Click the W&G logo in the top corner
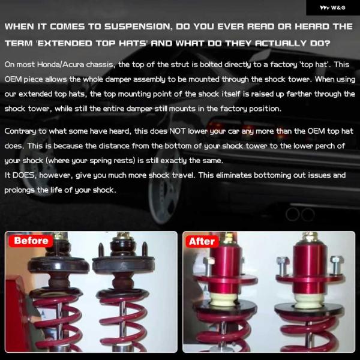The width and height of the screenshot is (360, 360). (332, 8)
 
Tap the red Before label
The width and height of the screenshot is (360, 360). (31, 241)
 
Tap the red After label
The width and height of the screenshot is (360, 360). (202, 241)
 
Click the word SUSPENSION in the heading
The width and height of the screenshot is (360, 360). (138, 26)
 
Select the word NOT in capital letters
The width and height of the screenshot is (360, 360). (177, 131)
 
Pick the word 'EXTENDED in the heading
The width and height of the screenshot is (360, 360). (64, 43)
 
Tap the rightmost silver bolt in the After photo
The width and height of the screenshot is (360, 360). (337, 266)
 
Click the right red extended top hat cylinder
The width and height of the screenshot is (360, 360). (310, 267)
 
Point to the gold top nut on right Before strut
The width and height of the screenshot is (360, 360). (123, 236)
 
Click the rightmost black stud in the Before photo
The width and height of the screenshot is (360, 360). (145, 250)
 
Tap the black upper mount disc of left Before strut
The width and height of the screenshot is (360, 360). (59, 265)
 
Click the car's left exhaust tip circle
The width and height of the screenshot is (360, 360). (293, 214)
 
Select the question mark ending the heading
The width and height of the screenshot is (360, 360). (327, 43)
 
